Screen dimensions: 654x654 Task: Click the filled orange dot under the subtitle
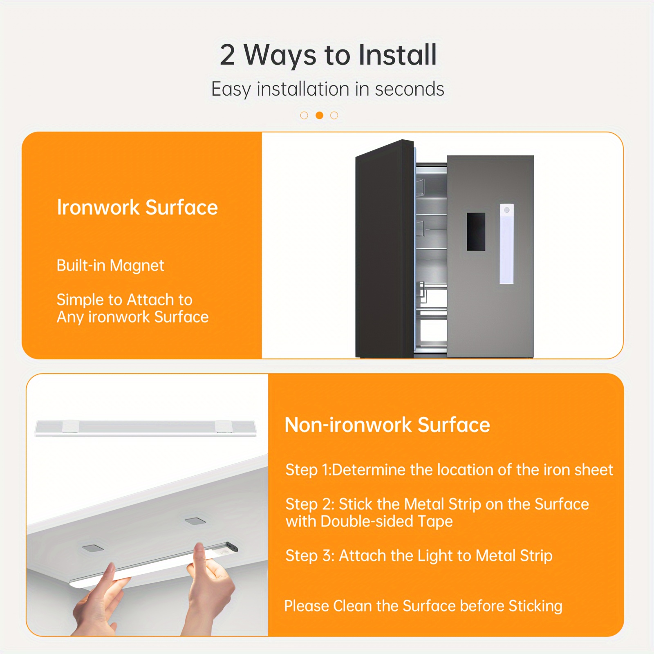[x=320, y=115]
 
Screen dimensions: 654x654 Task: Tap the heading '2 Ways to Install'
[x=328, y=55]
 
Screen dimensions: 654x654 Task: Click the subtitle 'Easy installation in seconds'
[x=327, y=90]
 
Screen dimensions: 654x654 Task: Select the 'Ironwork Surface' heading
[x=137, y=207]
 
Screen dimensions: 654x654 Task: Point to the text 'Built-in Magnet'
[x=110, y=266]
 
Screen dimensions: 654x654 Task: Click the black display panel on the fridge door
[x=476, y=231]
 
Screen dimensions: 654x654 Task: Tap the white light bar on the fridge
[x=507, y=244]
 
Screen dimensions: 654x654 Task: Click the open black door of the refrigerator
[x=385, y=249]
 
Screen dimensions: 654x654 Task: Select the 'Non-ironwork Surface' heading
[x=387, y=425]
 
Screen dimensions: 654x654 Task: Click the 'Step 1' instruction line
[x=449, y=470]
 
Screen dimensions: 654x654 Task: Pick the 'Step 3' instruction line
[x=419, y=556]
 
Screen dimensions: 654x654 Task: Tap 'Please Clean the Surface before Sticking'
[x=423, y=606]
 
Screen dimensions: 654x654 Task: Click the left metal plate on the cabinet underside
[x=93, y=548]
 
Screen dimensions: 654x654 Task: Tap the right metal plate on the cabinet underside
[x=195, y=521]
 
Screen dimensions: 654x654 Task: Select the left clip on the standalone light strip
[x=70, y=426]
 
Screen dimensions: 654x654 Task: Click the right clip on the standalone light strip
[x=224, y=426]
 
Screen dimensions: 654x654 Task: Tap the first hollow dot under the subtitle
[x=304, y=115]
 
